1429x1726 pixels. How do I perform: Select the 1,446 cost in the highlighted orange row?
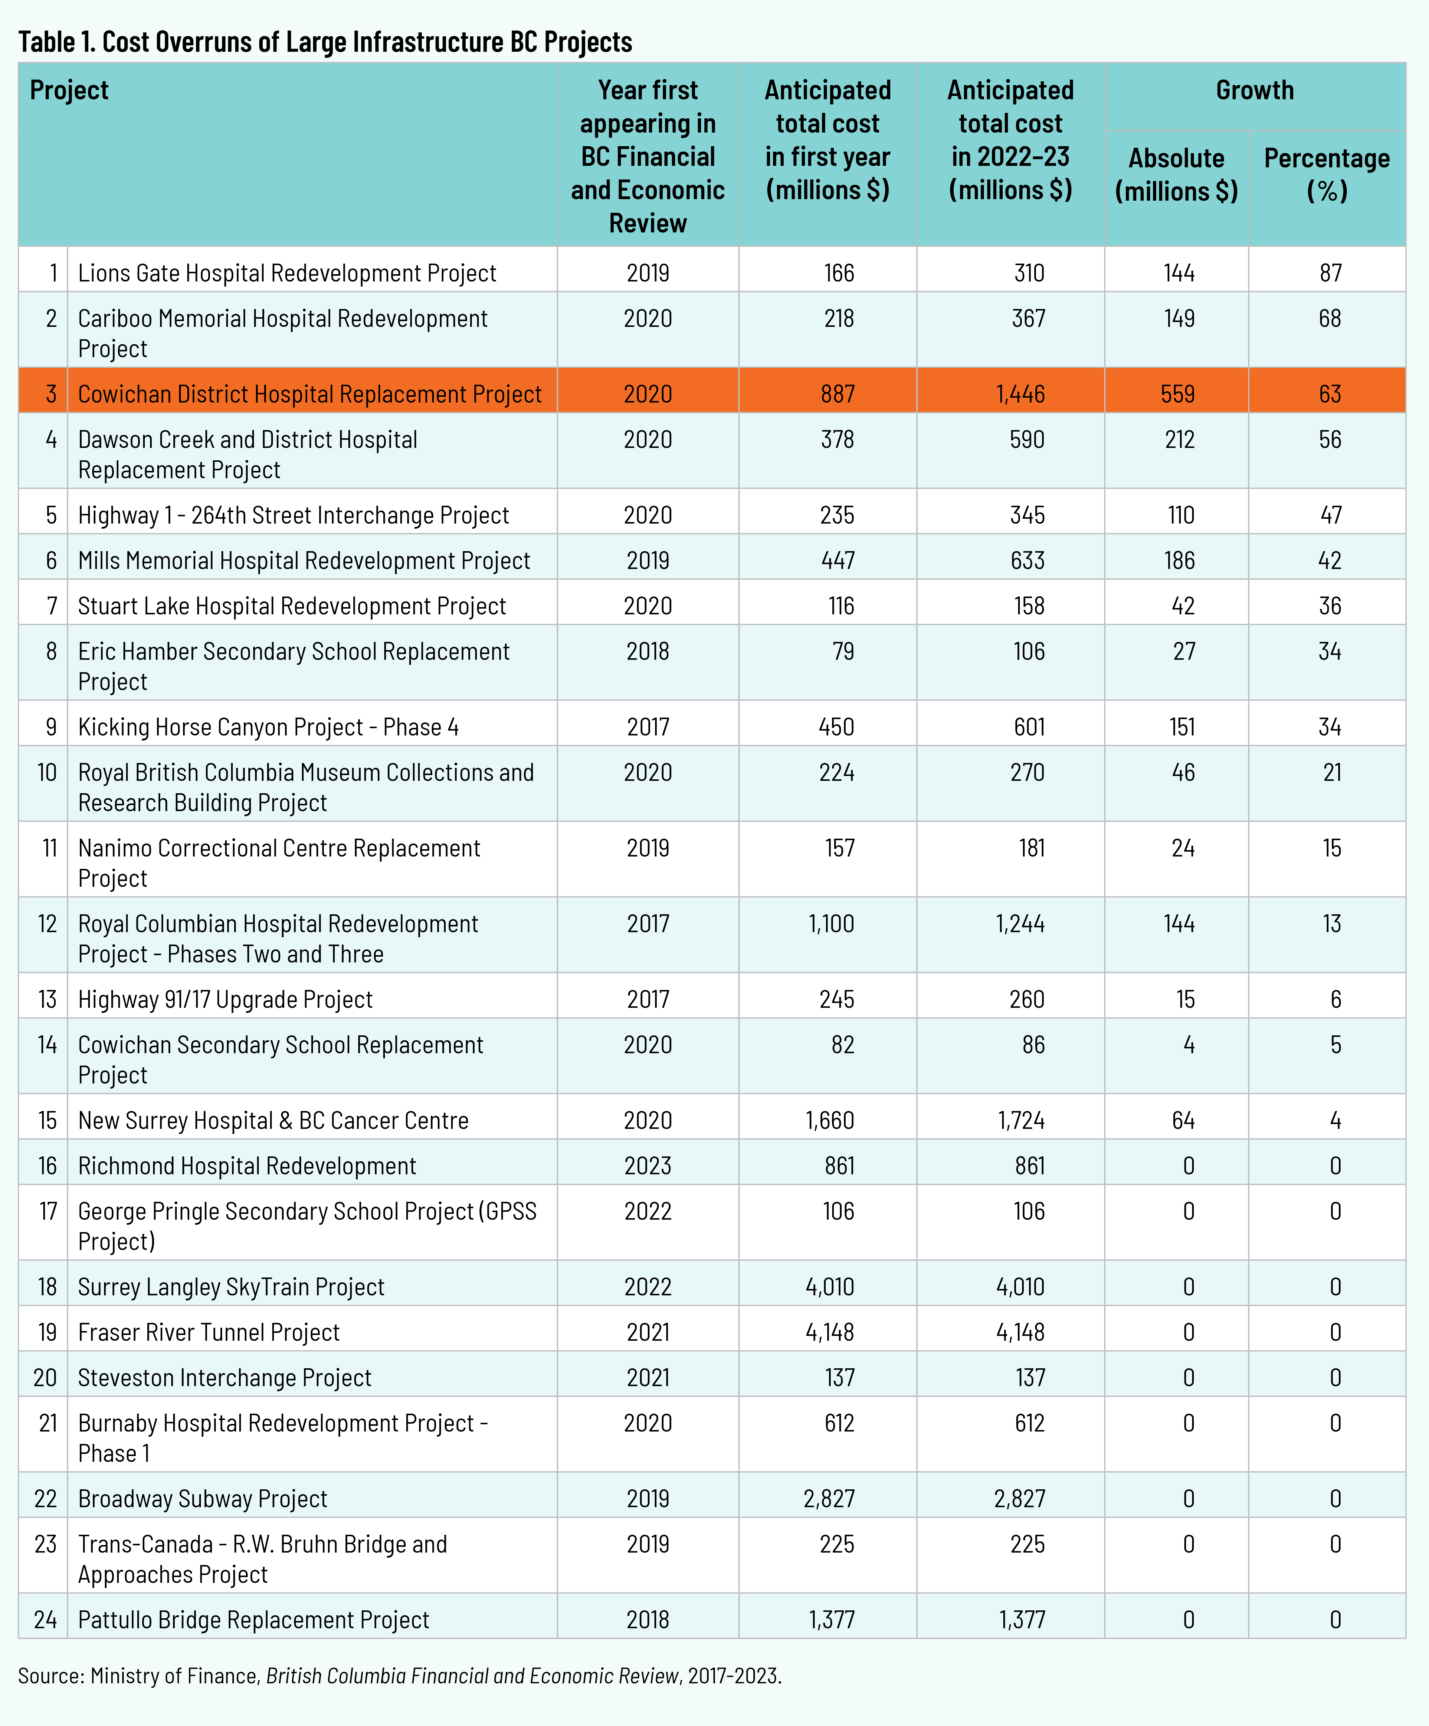[x=1021, y=394]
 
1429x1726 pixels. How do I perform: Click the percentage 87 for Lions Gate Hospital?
[x=1330, y=273]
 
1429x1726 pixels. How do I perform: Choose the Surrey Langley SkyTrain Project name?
[x=231, y=1286]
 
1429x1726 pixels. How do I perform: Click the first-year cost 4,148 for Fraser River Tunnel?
[x=830, y=1331]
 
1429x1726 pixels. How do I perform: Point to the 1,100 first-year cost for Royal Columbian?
[x=832, y=924]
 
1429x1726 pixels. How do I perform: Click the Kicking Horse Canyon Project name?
[x=268, y=727]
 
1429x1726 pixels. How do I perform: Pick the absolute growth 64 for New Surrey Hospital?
[x=1183, y=1120]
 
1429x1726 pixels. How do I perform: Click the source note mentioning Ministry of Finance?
[x=399, y=1675]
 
